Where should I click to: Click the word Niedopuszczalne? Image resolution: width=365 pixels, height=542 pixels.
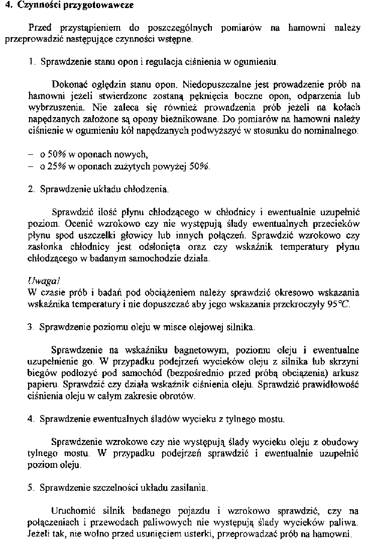point(214,83)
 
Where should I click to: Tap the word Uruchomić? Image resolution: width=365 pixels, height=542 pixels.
point(72,510)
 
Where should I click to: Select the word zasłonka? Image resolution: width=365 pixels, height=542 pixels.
point(43,247)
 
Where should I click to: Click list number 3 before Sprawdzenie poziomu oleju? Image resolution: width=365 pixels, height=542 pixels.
point(30,327)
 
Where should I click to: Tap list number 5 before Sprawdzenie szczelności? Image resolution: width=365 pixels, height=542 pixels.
point(30,488)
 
